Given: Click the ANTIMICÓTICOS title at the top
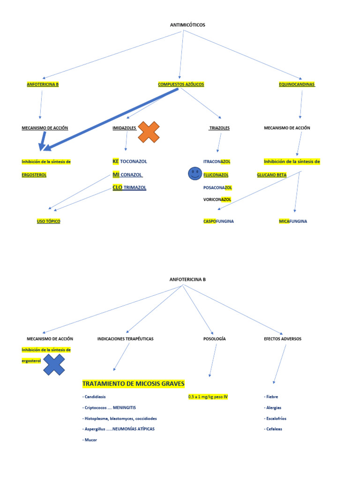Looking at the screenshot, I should tap(187, 25).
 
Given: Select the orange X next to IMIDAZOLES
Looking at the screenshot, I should tap(149, 132).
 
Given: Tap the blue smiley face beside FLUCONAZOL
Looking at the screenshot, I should tap(194, 174).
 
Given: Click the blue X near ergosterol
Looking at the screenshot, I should tap(54, 365).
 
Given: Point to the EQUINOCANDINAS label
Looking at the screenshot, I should tap(297, 84).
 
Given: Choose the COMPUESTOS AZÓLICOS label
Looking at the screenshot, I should tap(181, 84).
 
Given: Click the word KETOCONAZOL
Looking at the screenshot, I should tap(129, 161).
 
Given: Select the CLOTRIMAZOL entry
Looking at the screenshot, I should tap(129, 187).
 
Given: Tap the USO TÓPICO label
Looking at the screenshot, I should tap(49, 221).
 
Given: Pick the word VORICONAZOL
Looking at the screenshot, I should tap(217, 199).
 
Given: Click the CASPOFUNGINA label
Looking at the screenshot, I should tap(218, 221).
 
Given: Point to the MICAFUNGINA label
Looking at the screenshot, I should tap(293, 221).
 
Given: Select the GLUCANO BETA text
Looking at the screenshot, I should tap(271, 175).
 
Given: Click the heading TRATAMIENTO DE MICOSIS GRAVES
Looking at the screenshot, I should tap(134, 384).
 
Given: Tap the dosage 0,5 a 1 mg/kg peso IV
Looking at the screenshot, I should tap(208, 397).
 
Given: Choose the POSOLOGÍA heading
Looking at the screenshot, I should tap(214, 338).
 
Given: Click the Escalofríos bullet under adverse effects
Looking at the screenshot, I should tap(275, 419).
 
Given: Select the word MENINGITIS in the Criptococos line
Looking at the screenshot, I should tap(124, 408).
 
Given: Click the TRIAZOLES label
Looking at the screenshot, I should tap(219, 128).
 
